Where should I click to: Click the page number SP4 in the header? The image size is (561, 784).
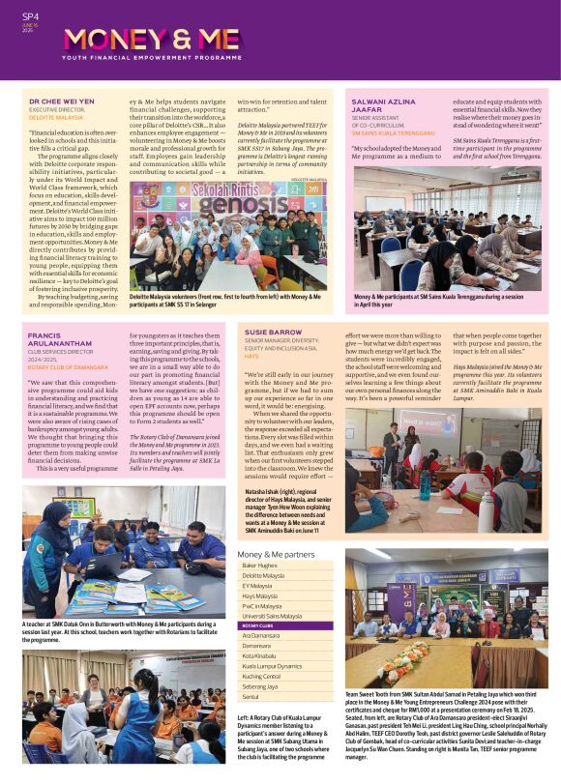30,15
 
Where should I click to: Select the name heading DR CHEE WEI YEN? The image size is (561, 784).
62,101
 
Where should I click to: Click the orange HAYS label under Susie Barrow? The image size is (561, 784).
251,357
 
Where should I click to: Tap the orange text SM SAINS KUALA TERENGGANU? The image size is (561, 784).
391,132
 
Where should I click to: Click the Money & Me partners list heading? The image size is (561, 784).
276,554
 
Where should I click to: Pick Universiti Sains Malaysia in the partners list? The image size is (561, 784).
272,616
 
